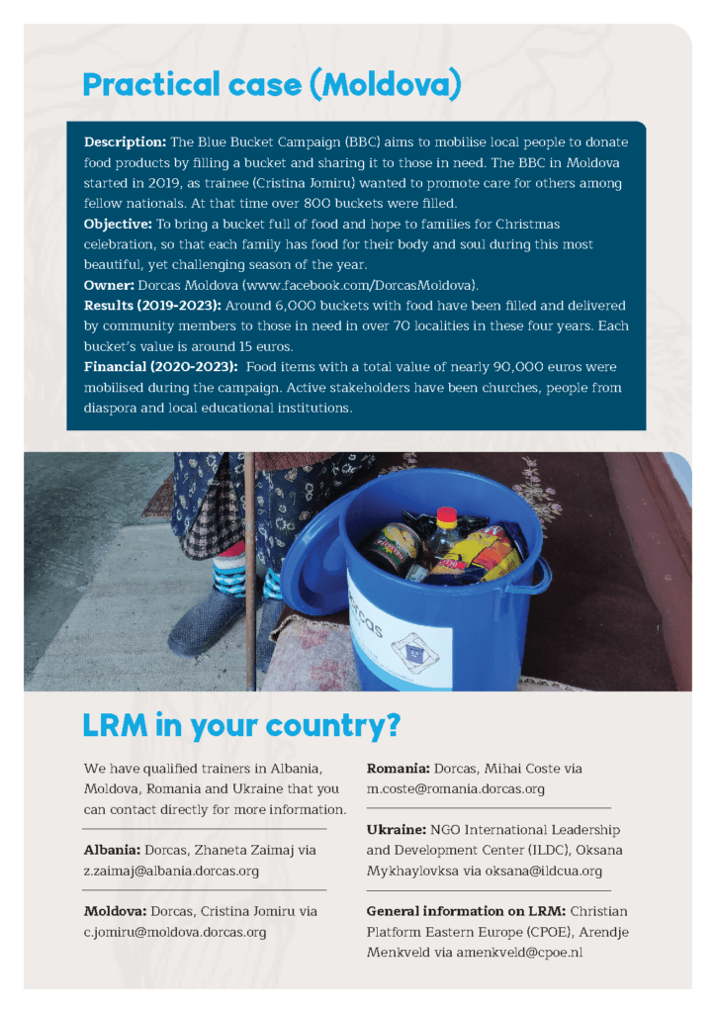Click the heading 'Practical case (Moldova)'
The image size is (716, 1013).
(272, 86)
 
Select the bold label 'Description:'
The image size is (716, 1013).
(123, 142)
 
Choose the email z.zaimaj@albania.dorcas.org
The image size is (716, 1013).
(171, 871)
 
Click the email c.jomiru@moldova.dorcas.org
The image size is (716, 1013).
(175, 932)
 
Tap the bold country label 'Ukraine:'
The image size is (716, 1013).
(396, 830)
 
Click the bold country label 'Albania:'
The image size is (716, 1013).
(112, 850)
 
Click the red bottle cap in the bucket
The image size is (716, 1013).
(448, 515)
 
